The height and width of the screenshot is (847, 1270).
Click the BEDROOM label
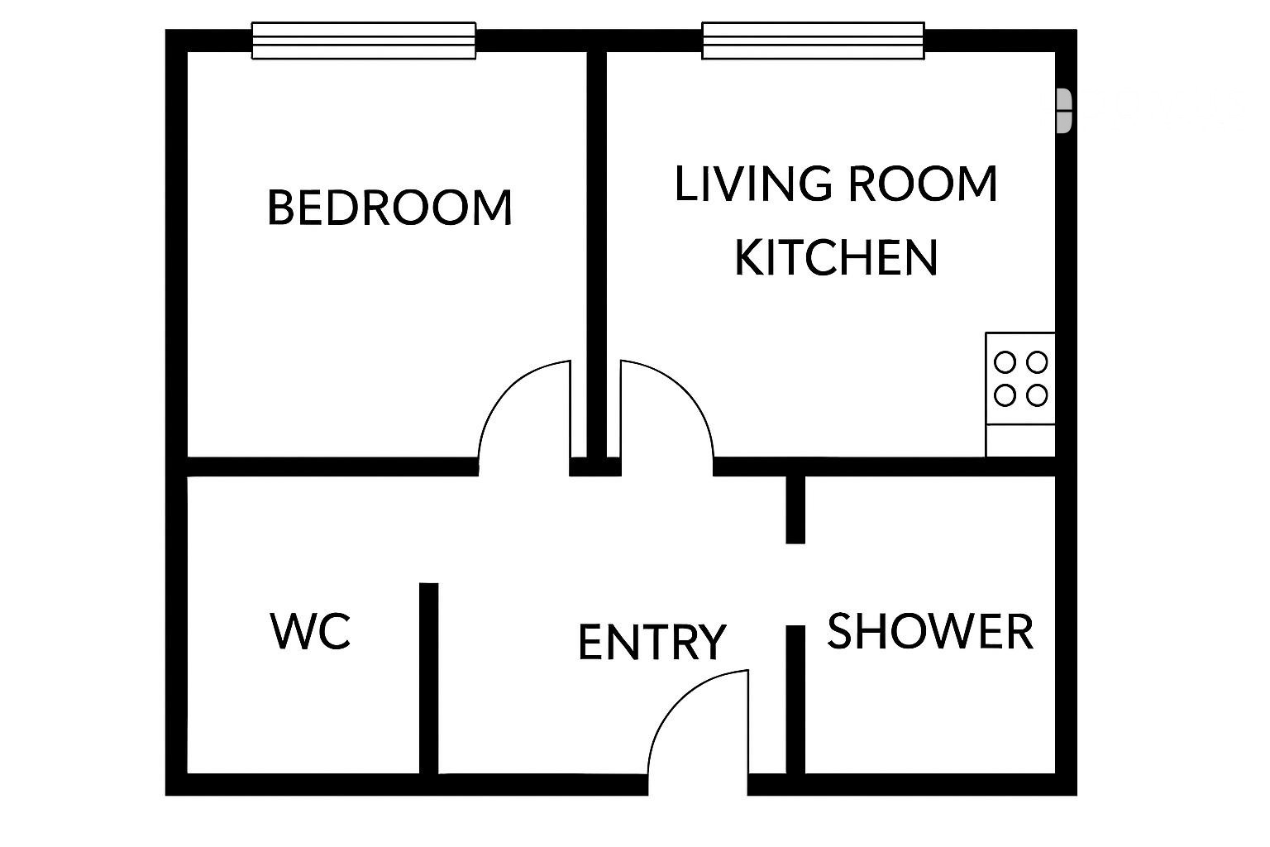(x=389, y=208)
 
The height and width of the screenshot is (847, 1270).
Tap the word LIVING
(x=753, y=184)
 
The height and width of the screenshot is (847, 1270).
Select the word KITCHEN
(x=836, y=257)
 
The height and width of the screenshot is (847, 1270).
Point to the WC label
(x=310, y=630)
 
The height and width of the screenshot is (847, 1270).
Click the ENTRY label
(x=652, y=642)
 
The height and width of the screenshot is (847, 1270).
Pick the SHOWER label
(x=930, y=631)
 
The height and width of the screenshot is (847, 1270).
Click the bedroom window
(x=364, y=41)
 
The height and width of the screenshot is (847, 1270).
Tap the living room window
(x=813, y=41)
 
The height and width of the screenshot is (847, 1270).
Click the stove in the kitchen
(x=1020, y=378)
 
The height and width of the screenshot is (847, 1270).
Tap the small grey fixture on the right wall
(x=1064, y=111)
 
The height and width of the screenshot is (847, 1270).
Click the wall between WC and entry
(x=428, y=678)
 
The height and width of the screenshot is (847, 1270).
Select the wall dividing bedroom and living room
(x=596, y=256)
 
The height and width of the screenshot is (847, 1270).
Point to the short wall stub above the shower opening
(x=795, y=510)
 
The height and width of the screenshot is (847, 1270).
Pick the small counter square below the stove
(x=1020, y=440)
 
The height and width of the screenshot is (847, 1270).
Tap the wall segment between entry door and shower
(x=795, y=700)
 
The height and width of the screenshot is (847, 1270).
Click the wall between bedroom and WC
(x=332, y=467)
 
